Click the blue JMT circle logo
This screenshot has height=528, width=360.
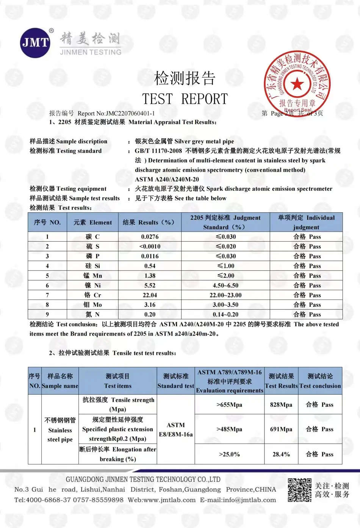click(35, 42)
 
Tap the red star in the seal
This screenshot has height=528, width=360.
click(297, 84)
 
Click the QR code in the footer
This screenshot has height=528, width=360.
click(299, 490)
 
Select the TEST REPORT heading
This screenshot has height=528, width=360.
click(185, 99)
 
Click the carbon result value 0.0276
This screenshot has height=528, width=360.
click(150, 237)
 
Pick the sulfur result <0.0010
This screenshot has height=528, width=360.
click(150, 247)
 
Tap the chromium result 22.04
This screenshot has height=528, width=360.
click(150, 295)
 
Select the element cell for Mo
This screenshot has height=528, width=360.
click(92, 305)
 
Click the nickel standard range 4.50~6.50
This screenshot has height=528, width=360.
click(225, 286)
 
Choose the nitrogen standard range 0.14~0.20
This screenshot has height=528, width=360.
click(225, 314)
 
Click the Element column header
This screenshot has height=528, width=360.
click(92, 222)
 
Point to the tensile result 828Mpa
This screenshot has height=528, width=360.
click(281, 405)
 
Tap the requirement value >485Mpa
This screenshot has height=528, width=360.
click(229, 429)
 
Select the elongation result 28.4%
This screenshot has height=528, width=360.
click(281, 454)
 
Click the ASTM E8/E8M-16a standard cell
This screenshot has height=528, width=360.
click(176, 430)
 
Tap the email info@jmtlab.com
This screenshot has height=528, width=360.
click(248, 500)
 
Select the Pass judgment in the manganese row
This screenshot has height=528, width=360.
click(307, 276)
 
